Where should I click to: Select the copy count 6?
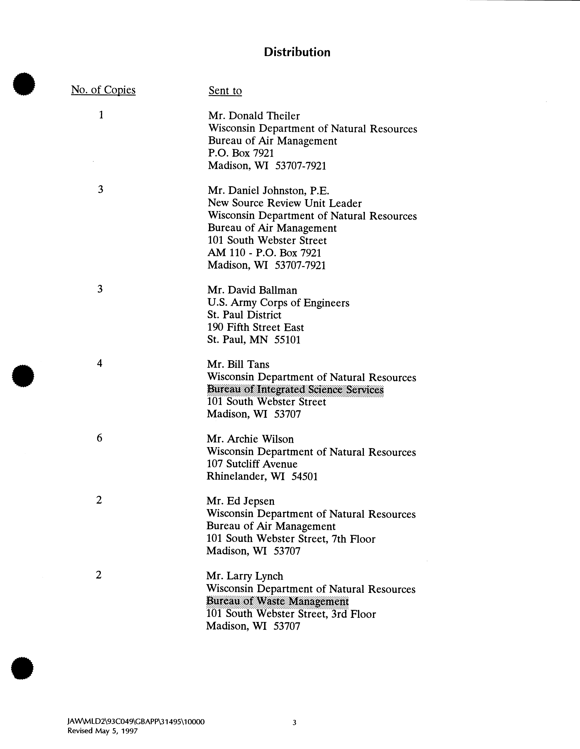click(99, 438)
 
